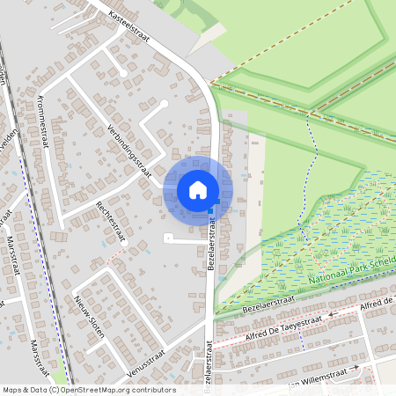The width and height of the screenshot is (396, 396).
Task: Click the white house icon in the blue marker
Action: (198, 189)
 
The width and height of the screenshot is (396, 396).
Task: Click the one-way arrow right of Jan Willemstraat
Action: (354, 368)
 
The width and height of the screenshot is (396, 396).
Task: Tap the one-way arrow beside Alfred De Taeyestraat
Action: (332, 313)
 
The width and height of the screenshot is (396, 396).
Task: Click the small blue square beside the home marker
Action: (213, 209)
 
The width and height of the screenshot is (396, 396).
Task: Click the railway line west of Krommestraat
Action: (26, 158)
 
